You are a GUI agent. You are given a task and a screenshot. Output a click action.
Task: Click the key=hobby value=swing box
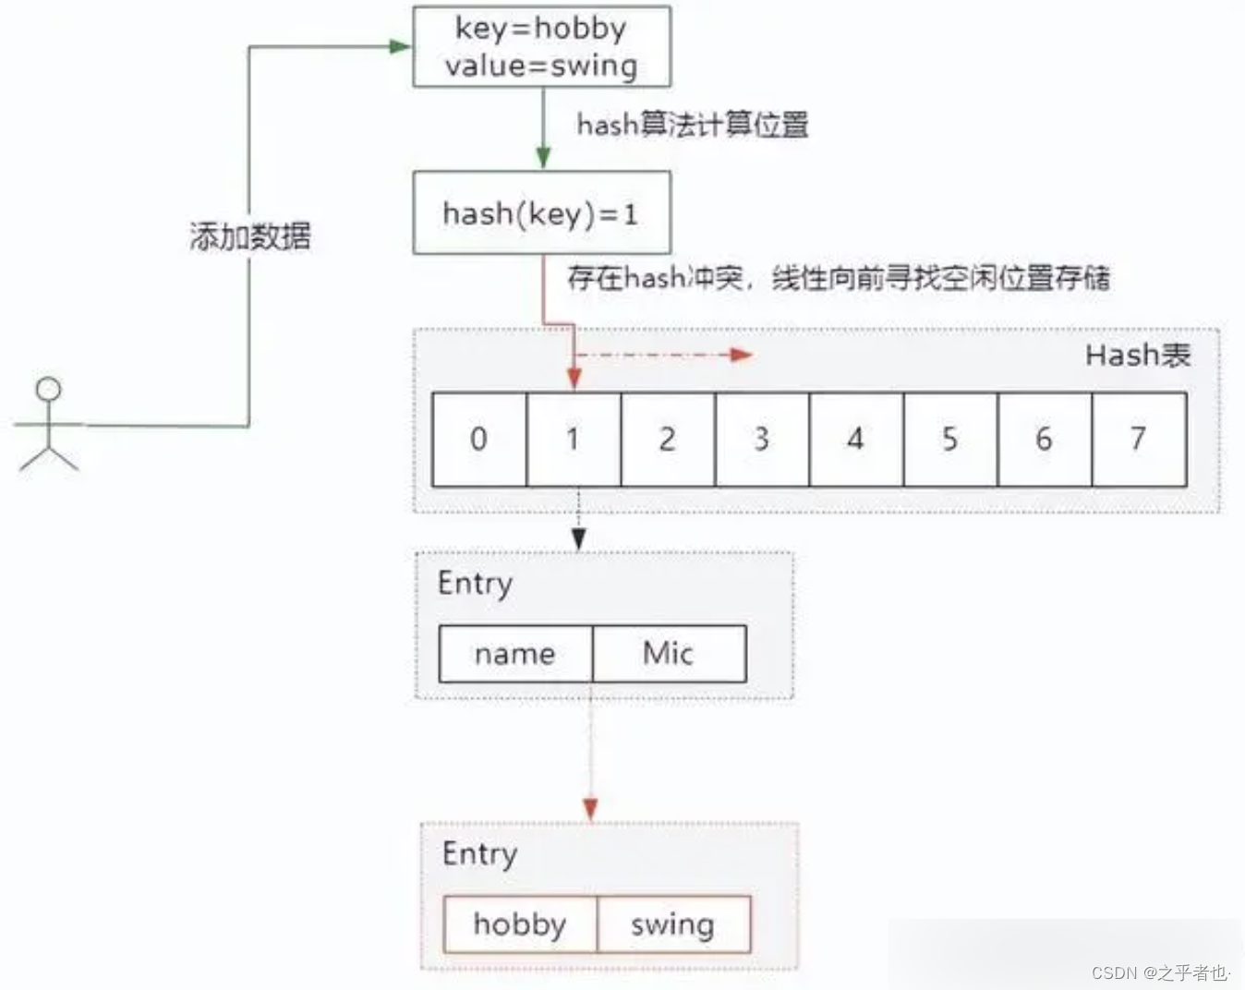pos(541,47)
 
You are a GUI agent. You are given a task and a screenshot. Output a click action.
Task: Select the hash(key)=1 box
pos(541,213)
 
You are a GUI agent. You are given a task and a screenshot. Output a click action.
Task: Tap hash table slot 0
pos(478,440)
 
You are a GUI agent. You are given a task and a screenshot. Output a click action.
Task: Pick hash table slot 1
pos(574,440)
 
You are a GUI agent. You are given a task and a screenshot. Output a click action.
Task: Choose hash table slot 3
pos(761,440)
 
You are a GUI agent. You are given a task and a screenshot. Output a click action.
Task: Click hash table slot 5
pos(949,440)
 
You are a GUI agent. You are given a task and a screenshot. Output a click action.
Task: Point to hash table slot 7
pos(1138,440)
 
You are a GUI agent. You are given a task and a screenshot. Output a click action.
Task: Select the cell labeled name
pos(515,654)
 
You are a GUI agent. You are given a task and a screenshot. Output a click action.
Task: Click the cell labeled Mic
pos(669,654)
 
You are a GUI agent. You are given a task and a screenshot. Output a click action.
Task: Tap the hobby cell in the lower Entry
pos(520,924)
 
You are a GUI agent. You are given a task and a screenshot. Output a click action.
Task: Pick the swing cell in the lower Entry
pos(673,924)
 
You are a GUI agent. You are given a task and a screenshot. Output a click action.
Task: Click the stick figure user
pos(48,425)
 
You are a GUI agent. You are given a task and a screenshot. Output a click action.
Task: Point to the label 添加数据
pos(249,237)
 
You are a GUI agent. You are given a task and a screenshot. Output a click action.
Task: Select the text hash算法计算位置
pos(692,125)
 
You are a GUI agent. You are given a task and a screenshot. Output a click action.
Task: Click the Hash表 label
pos(1137,355)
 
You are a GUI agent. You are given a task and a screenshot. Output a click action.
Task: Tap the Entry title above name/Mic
pos(475,584)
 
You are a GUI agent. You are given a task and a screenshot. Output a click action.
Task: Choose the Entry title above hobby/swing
pos(479,854)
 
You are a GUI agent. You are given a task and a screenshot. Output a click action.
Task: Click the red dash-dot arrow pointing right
pos(665,355)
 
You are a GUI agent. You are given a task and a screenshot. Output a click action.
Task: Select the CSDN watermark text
pos(1160,972)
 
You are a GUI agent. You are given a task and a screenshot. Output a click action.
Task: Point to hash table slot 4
pos(855,440)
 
